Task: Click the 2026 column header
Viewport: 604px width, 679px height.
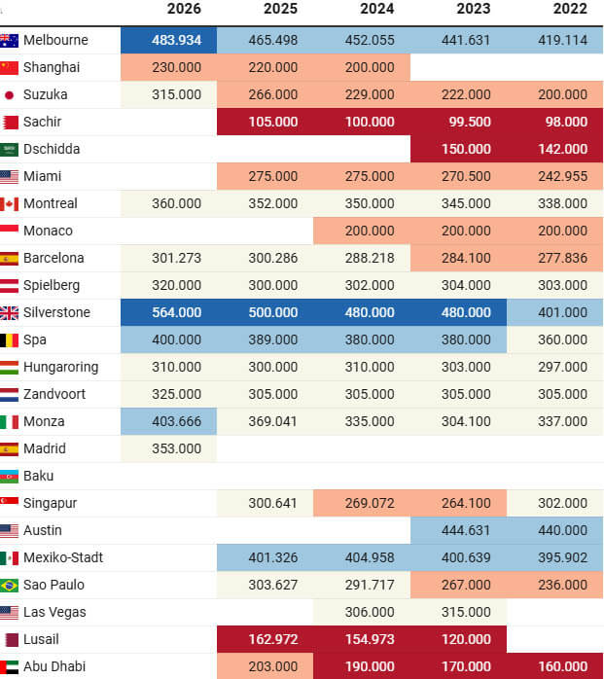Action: coord(184,9)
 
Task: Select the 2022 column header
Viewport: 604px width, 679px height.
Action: coord(570,9)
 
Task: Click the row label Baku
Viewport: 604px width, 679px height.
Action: coord(39,477)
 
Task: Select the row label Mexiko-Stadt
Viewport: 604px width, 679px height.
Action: coord(63,557)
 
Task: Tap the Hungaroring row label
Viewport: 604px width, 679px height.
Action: coord(61,367)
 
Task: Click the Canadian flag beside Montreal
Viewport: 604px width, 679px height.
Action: coord(9,204)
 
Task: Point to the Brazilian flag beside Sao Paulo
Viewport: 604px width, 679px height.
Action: coord(9,586)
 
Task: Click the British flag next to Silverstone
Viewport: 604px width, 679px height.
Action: coord(9,313)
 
